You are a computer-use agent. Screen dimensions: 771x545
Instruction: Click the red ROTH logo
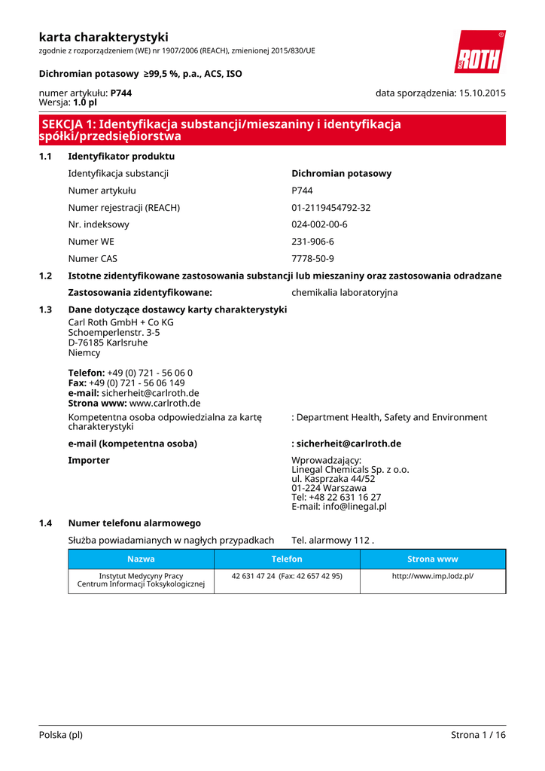coord(480,52)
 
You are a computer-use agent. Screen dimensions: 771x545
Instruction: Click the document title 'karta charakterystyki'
coord(104,37)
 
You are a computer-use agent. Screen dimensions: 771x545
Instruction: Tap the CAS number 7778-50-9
coord(313,259)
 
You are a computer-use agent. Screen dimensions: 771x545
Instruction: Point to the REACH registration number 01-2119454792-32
coord(331,208)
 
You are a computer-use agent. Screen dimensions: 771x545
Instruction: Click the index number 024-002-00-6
coord(320,224)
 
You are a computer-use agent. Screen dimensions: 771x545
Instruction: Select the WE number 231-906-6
coord(313,242)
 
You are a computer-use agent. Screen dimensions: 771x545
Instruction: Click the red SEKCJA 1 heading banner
coord(272,130)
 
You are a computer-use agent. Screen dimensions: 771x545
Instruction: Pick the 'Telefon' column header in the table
coord(287,559)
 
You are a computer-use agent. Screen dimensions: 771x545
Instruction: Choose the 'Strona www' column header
coord(433,559)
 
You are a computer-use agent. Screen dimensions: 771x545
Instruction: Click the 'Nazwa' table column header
coord(141,559)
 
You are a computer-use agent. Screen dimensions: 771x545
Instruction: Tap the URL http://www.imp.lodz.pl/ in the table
coord(433,576)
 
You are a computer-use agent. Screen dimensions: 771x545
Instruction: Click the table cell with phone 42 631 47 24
coord(287,576)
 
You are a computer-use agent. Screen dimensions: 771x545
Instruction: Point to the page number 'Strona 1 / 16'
coord(478,735)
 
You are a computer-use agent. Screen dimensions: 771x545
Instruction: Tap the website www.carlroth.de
coord(165,403)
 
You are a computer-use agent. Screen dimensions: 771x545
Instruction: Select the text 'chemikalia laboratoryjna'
coord(345,292)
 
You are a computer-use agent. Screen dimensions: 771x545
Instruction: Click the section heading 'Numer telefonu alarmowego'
coord(134,523)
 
